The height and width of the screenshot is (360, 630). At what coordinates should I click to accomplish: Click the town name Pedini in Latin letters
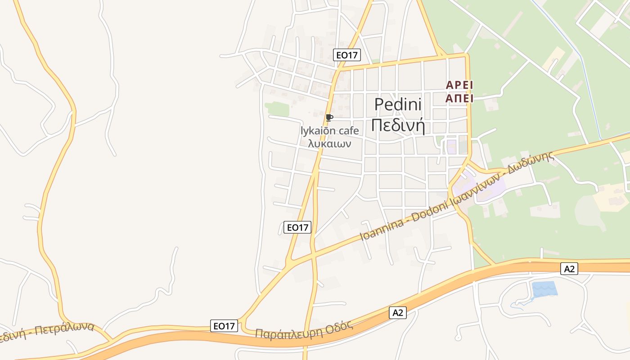click(x=398, y=104)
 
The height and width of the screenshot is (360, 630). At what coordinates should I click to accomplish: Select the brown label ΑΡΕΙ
click(x=459, y=85)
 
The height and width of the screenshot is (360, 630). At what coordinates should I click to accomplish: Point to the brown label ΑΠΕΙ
click(x=459, y=98)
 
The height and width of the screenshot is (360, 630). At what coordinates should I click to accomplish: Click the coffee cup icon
click(x=329, y=118)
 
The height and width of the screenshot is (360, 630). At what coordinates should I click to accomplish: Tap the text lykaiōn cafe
click(x=330, y=131)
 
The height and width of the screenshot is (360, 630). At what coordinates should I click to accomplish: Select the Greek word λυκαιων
click(x=330, y=144)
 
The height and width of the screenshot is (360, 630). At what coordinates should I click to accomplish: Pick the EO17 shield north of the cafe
click(x=347, y=55)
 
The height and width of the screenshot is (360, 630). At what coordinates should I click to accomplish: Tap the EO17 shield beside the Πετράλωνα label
click(x=224, y=326)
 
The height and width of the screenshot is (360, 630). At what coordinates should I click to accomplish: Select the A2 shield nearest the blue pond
click(x=569, y=269)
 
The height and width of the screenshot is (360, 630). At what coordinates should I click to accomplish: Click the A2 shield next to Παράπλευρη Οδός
click(x=398, y=313)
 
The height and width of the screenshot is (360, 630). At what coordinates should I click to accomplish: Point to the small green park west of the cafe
click(x=277, y=108)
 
